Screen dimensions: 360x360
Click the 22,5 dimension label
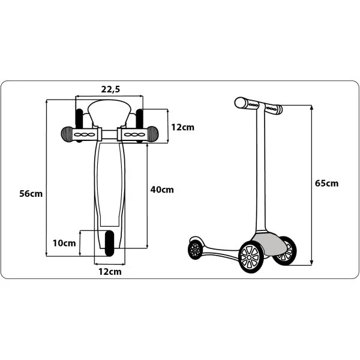click(x=110, y=89)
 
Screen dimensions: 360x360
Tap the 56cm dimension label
click(x=31, y=194)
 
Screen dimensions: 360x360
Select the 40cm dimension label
click(x=162, y=190)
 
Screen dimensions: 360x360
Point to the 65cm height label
click(x=326, y=184)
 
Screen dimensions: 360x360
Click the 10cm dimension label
click(x=64, y=243)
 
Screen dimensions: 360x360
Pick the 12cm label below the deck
click(x=110, y=272)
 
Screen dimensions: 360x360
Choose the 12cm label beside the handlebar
click(x=183, y=127)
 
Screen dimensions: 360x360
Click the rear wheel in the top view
click(x=109, y=244)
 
